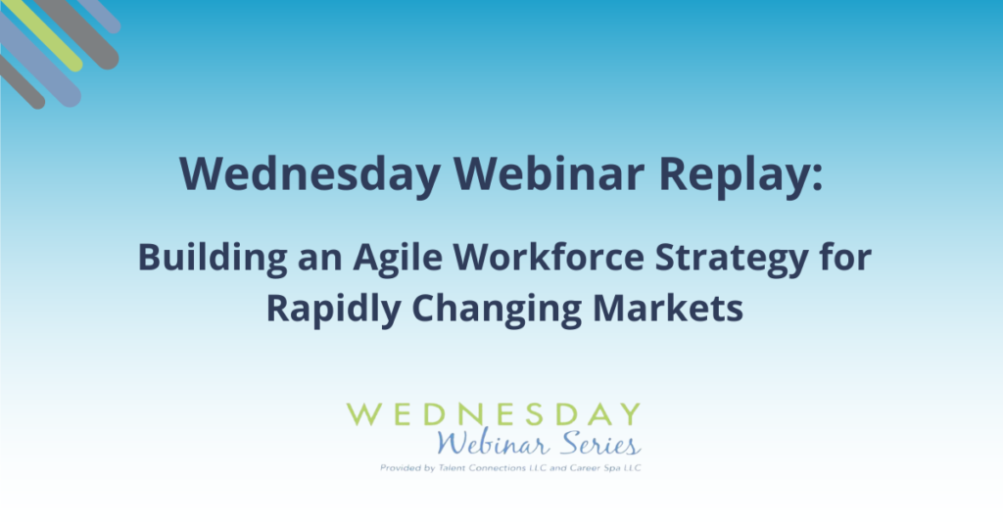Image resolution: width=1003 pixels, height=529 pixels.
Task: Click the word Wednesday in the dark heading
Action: (310, 174)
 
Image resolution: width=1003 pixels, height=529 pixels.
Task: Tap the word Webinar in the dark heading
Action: (549, 172)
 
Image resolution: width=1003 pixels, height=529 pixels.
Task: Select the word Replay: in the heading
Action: (740, 174)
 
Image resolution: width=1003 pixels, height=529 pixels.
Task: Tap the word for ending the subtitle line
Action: (845, 257)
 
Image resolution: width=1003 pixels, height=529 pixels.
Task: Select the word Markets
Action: (668, 308)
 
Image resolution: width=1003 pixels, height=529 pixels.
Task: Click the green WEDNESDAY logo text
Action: (494, 414)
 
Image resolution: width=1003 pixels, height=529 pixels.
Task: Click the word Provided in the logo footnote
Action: (399, 468)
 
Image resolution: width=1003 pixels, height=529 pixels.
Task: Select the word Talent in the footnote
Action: (453, 467)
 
